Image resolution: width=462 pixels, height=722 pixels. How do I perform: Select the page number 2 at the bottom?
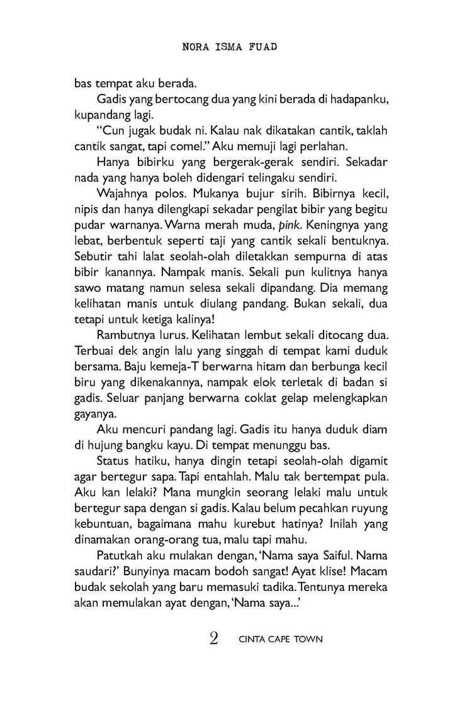pyautogui.click(x=213, y=639)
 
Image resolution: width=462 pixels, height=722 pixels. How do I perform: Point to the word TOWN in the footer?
pyautogui.click(x=308, y=639)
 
